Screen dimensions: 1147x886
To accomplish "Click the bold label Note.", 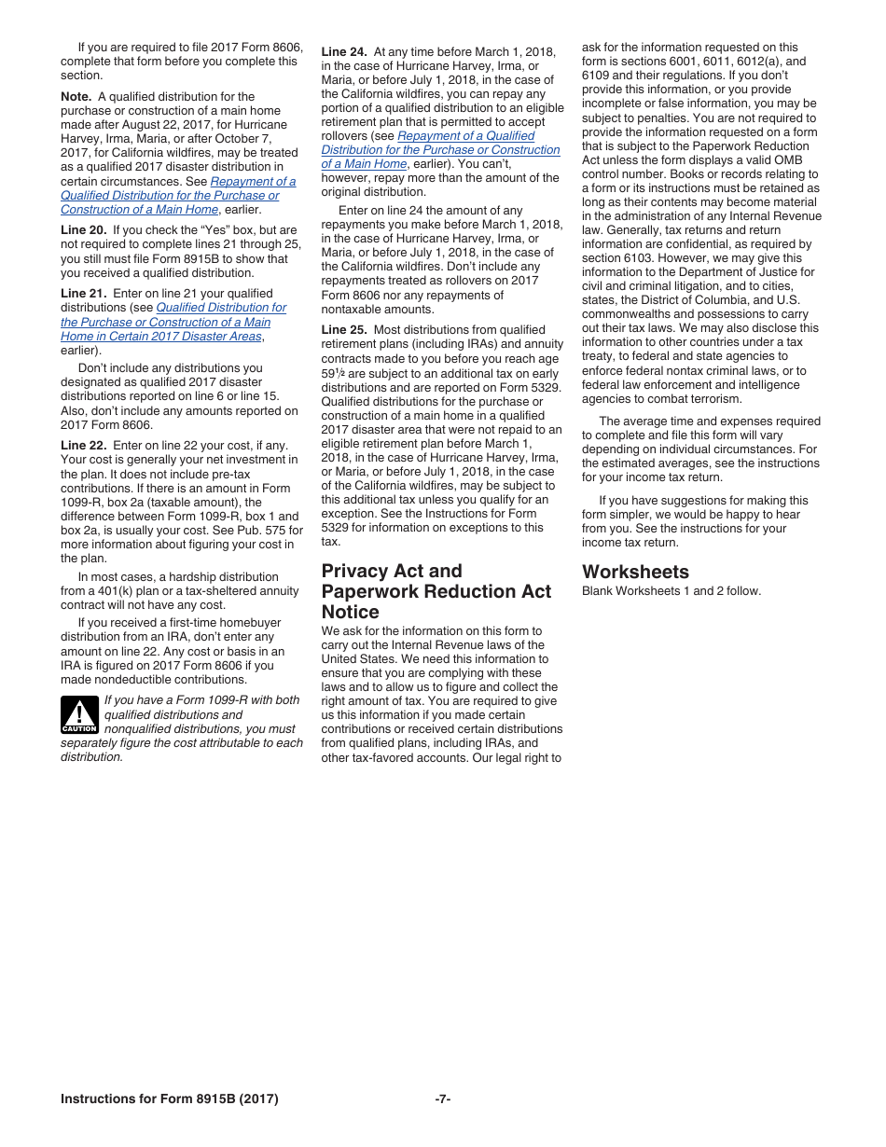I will click(x=76, y=96).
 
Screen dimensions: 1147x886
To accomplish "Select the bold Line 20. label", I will click(x=83, y=230).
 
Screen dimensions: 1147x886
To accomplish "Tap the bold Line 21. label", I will click(x=83, y=294).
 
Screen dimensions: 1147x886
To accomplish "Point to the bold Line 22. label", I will click(x=83, y=446).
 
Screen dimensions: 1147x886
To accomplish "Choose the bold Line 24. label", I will click(x=344, y=52).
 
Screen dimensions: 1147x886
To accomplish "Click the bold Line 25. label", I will click(x=344, y=330).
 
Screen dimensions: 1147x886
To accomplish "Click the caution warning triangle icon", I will click(x=79, y=714).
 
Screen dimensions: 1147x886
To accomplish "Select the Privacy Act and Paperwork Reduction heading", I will click(x=436, y=591).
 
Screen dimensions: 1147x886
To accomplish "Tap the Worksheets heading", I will click(x=635, y=572).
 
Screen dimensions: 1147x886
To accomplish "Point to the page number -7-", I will click(x=443, y=1099).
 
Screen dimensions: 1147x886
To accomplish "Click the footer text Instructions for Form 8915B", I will click(x=169, y=1099).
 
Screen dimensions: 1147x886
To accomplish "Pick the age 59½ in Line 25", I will click(x=333, y=373).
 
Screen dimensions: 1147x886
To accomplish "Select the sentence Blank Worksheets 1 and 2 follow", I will click(x=671, y=590).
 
